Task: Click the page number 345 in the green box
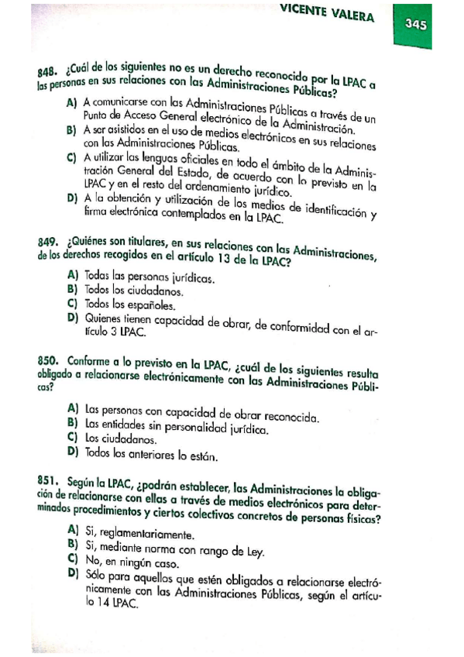point(416,24)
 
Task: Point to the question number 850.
point(50,362)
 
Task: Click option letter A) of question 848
point(72,101)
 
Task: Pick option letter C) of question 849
point(72,303)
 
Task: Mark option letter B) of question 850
point(73,422)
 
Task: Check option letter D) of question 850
point(73,452)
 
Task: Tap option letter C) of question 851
point(73,558)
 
